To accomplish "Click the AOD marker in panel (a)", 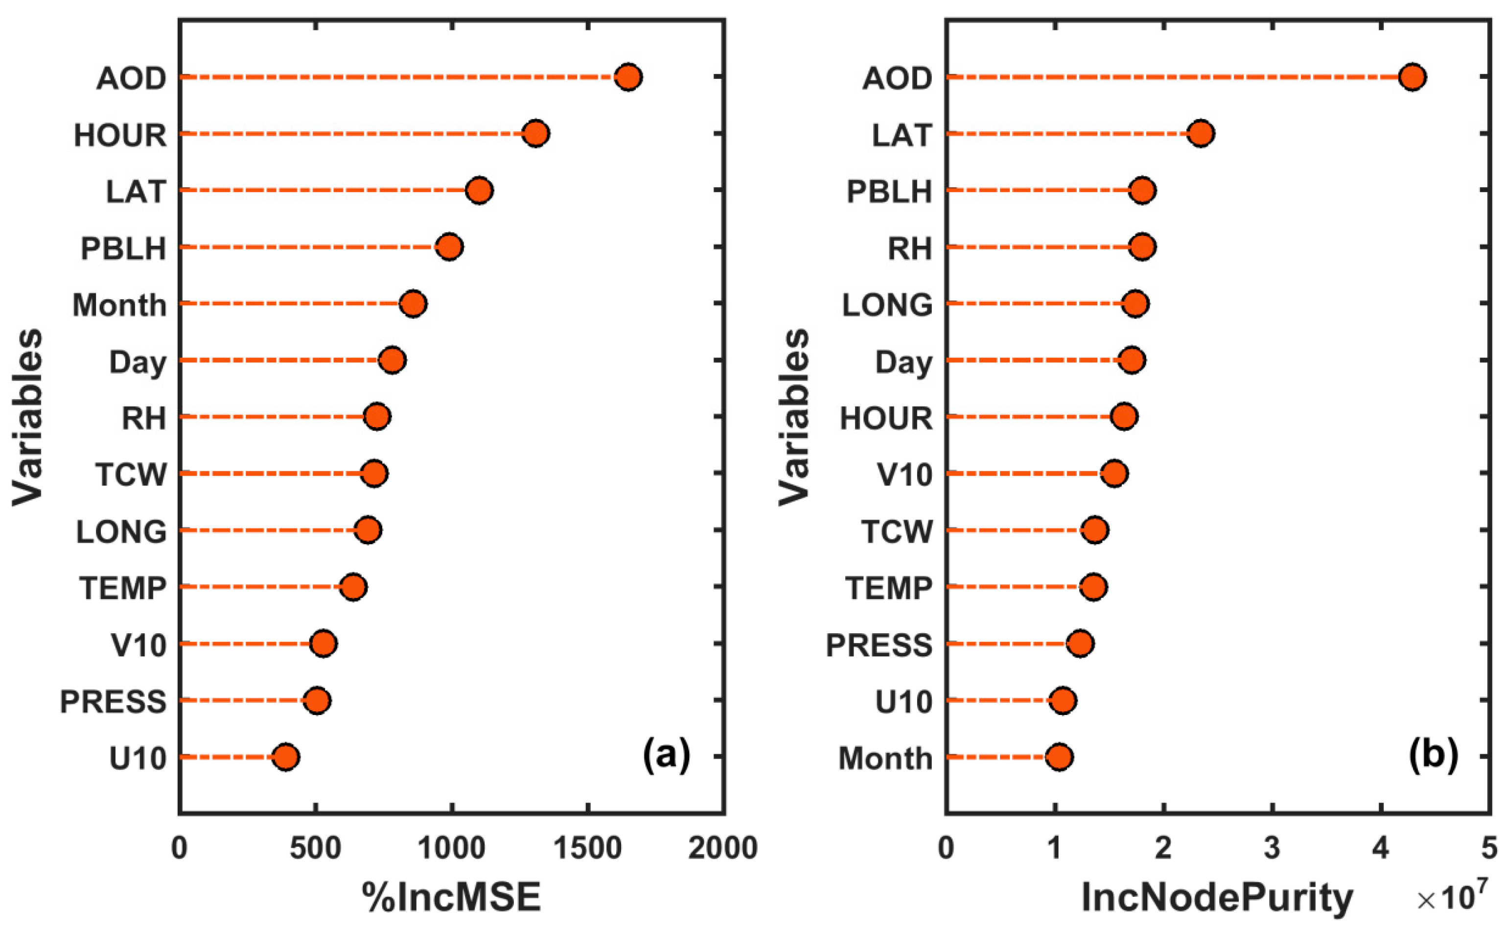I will pos(628,77).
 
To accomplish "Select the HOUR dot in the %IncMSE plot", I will pos(535,134).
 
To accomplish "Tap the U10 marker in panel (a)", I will pos(286,757).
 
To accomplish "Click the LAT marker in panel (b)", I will pos(1201,134).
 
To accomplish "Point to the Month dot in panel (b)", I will pos(1059,757).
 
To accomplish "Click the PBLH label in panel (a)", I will pos(123,248).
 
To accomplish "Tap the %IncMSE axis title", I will pos(452,897).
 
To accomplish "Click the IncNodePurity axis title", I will pos(1217,897).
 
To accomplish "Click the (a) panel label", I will pos(667,755).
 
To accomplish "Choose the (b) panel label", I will pos(1433,755).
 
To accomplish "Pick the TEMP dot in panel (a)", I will pos(353,587).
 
